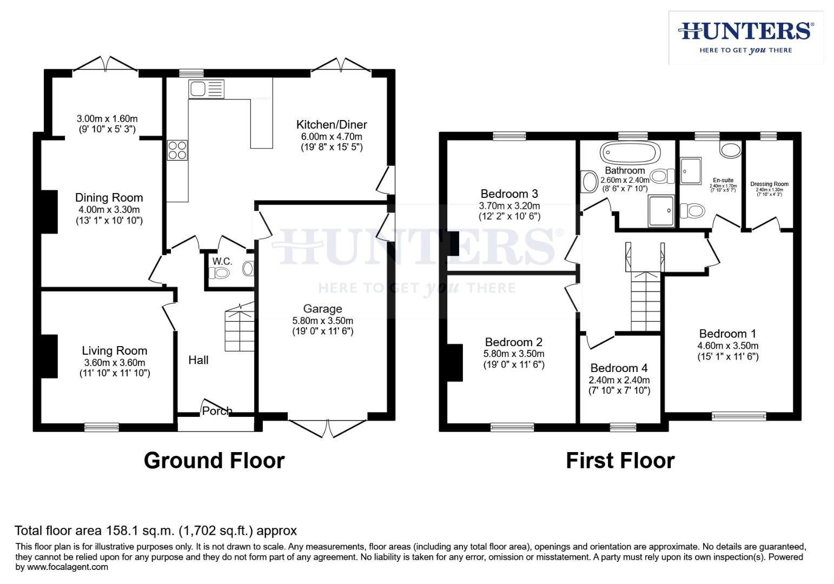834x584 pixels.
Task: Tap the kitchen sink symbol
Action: [206, 89]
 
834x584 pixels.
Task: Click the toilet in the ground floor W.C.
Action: [249, 269]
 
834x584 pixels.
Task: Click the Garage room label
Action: [322, 309]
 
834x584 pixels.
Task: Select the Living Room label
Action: [114, 351]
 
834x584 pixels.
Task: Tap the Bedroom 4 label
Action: [619, 368]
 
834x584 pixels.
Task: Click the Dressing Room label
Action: [769, 184]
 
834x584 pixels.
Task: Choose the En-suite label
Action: [723, 180]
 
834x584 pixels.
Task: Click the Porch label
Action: [217, 411]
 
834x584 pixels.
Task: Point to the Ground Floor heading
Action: [214, 461]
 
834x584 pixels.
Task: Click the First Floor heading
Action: [620, 461]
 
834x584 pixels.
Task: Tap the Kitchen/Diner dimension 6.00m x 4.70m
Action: [332, 137]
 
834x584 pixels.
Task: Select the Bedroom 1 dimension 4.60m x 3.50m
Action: [727, 346]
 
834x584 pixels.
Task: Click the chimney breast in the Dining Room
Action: [50, 211]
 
